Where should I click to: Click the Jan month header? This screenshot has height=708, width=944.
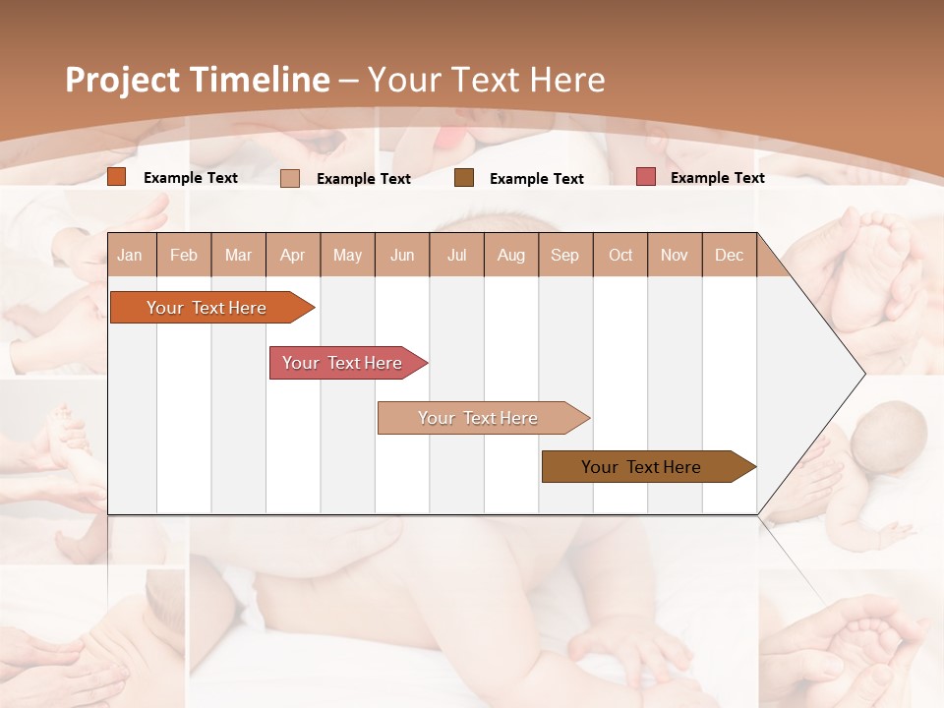130,255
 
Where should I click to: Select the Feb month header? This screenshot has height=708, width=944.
184,255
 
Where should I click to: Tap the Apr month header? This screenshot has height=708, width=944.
292,255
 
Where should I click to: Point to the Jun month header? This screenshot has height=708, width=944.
402,255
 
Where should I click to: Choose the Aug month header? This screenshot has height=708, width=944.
510,255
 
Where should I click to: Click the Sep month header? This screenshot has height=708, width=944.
564,255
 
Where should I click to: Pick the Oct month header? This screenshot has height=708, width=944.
620,255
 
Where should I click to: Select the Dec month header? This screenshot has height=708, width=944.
729,255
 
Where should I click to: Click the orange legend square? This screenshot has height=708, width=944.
117,177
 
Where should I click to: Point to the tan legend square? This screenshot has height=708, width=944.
290,178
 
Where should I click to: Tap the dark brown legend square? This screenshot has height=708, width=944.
464,177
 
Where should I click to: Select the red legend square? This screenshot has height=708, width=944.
646,177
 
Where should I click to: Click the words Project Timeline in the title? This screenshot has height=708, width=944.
198,80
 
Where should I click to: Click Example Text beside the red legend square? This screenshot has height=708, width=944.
717,178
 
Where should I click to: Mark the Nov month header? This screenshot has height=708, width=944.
675,255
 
